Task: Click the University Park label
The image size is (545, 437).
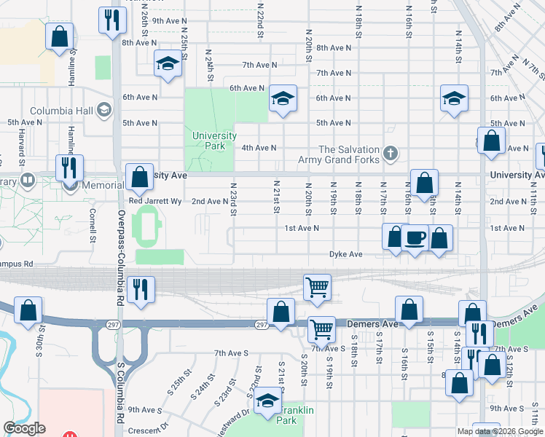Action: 214,141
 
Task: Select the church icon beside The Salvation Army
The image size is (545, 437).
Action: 391,153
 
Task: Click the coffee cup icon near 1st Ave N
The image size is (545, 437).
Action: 415,237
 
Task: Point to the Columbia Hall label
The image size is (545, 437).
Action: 62,111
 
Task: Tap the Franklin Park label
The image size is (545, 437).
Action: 297,415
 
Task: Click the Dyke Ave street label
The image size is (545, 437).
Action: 345,254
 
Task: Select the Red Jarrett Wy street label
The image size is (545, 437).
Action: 154,201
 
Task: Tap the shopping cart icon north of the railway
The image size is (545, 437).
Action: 317,286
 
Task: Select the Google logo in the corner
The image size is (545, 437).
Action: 24,428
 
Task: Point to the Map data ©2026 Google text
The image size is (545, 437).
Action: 499,431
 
